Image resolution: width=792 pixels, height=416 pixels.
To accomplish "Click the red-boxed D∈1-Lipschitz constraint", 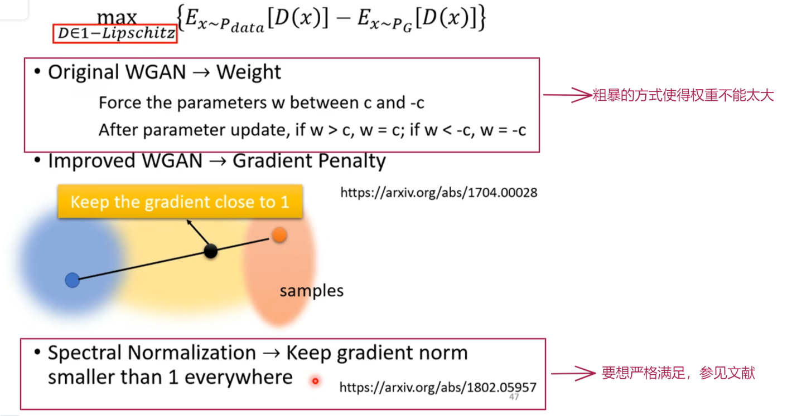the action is pos(116,34).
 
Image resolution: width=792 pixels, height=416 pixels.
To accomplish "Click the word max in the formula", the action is pos(117,17).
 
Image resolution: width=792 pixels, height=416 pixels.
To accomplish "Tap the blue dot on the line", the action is pos(72,280).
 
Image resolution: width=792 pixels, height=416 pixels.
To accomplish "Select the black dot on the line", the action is pos(210,251).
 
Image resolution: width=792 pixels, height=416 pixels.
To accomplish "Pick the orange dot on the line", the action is pos(279,235).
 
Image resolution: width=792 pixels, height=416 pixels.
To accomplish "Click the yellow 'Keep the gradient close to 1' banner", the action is pos(180,202).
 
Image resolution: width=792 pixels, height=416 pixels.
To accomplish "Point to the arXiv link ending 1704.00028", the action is pos(438,193).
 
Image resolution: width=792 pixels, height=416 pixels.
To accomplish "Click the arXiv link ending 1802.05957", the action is pos(437,387).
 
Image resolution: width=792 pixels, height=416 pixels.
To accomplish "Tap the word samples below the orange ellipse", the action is pos(311,291).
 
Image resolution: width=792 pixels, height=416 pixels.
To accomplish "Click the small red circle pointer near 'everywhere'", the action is pos(315,381).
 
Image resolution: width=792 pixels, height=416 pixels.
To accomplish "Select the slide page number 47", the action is pos(514,397).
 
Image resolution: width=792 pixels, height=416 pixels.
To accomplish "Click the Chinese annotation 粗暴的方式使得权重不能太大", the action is pos(683,96).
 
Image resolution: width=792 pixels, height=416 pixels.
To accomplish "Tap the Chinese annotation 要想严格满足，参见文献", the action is pos(678,373).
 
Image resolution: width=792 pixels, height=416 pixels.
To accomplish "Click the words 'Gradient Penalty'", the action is pos(309,161).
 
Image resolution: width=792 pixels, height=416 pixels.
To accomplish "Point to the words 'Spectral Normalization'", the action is pos(152,353).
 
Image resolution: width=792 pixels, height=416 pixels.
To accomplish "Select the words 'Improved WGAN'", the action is pos(125,161).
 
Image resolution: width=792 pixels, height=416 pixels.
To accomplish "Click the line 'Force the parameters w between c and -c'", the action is pos(261,103).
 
